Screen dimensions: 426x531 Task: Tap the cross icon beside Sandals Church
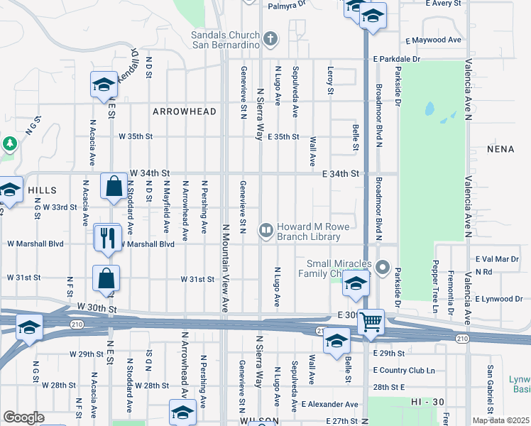tap(269, 37)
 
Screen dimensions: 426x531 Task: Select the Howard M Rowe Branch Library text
tap(309, 231)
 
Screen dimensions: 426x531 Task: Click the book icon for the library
tap(265, 229)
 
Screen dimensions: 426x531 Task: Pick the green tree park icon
tap(9, 144)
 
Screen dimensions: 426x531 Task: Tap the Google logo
tap(23, 417)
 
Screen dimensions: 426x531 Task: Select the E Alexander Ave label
tap(329, 404)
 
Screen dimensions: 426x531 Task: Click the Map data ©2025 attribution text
tap(500, 420)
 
